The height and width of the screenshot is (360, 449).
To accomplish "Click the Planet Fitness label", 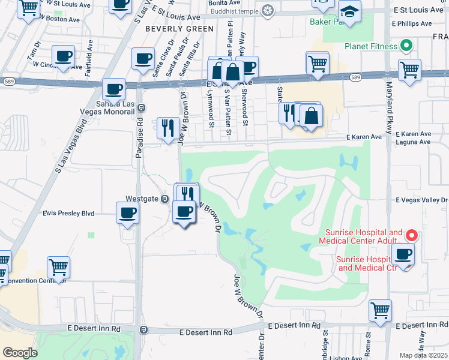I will click(x=371, y=46).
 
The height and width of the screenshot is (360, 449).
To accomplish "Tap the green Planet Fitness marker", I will click(x=405, y=46).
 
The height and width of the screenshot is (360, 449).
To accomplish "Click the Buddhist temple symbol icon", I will click(x=267, y=10).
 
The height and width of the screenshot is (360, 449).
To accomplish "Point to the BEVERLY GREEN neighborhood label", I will click(x=179, y=29).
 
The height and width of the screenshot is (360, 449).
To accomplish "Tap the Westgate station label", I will click(x=141, y=199).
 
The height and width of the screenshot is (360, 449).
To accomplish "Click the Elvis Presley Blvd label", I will click(x=68, y=213).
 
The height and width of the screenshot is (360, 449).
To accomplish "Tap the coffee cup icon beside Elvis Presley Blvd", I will click(x=127, y=213).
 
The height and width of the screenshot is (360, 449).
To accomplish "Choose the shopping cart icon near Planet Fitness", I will click(x=409, y=70).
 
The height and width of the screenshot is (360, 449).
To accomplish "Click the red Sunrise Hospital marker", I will click(x=411, y=235).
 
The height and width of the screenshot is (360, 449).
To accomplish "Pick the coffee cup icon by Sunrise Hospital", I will click(x=403, y=254).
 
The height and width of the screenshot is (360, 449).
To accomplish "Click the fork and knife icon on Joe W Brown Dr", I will click(x=167, y=127).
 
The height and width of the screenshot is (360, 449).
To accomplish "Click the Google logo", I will click(x=20, y=353).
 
